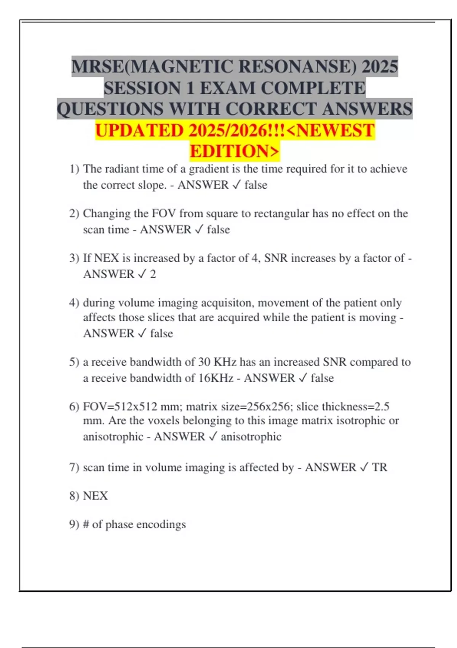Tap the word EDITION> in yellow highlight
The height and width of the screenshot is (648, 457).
click(x=235, y=151)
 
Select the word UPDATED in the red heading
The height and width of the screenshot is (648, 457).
click(x=139, y=131)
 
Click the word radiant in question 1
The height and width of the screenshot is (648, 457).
click(x=117, y=169)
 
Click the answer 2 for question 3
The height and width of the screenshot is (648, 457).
click(x=153, y=274)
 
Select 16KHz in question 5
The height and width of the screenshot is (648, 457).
click(x=216, y=378)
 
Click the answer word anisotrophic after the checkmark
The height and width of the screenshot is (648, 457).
click(x=251, y=437)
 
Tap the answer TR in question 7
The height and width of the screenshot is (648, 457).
click(x=379, y=468)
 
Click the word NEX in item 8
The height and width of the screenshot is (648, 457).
click(x=95, y=496)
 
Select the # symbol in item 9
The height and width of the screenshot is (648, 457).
click(x=86, y=524)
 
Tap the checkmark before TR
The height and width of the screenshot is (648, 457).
click(x=364, y=468)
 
